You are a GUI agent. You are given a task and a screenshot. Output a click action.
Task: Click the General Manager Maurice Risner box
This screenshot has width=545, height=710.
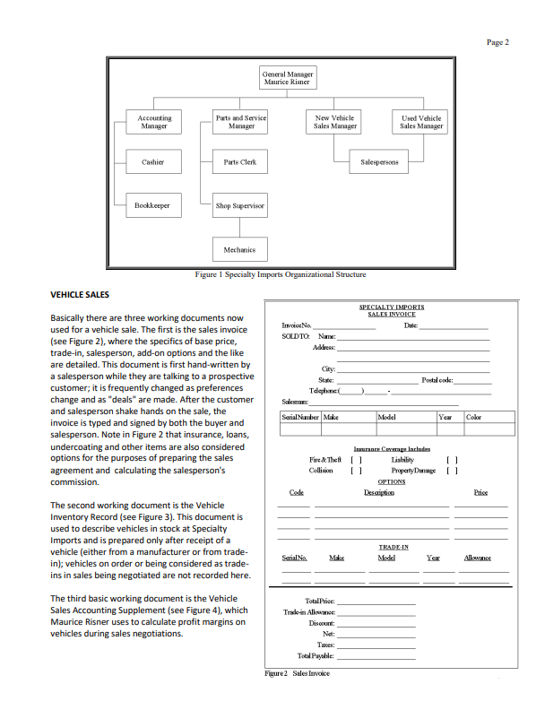pos(287,78)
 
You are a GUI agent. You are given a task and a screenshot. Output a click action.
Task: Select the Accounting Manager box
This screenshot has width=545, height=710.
pos(154,122)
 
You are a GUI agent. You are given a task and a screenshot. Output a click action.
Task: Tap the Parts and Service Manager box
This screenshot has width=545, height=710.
pos(240,122)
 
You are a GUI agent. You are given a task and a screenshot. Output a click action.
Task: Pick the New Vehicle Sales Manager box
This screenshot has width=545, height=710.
pos(335,122)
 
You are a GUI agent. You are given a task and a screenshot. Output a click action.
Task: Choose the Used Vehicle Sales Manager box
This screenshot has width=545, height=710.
pos(421,122)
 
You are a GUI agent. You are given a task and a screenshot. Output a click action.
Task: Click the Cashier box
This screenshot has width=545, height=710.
pos(152,162)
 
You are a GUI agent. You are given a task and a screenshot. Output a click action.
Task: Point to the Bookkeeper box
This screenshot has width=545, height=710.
pos(152,205)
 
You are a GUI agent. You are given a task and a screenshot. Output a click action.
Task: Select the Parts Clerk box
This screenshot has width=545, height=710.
pos(240,162)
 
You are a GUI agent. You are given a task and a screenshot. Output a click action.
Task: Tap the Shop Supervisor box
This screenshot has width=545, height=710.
pos(240,205)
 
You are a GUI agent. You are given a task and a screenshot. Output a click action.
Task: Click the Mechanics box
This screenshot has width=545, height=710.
pos(240,249)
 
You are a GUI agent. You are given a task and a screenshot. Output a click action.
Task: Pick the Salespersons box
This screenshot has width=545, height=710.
pos(380,162)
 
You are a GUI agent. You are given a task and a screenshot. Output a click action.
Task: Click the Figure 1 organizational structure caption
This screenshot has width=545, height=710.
pos(281,274)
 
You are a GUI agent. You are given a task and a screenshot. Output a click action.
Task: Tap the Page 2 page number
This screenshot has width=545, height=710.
pos(497,41)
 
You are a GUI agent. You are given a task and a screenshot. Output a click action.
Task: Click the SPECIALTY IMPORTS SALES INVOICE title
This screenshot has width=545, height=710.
pos(391,310)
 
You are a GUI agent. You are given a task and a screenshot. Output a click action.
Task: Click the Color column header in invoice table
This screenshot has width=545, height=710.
pos(474,417)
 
